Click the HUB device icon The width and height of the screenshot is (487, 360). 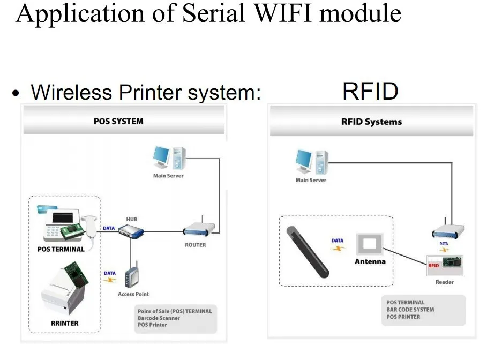131,231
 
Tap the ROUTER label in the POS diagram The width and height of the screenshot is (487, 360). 196,245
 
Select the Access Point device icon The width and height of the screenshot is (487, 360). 132,275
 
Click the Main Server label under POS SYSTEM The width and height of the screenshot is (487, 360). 168,176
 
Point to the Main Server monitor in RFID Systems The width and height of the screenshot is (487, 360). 303,160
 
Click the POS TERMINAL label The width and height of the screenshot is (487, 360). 61,250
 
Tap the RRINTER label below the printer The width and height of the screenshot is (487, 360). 65,324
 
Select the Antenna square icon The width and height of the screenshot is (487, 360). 369,244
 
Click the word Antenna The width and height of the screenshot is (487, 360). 370,261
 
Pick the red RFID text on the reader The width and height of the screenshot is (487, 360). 433,266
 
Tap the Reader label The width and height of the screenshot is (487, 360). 445,282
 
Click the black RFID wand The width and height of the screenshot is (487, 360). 308,252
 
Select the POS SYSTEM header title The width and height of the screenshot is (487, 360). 118,121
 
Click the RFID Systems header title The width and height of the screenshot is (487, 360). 371,122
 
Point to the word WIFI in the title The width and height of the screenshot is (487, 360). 283,13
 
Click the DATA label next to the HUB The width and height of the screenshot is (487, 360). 109,228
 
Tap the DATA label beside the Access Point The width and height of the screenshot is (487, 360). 110,273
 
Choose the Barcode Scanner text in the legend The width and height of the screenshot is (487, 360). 159,318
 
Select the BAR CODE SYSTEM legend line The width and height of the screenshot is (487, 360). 410,310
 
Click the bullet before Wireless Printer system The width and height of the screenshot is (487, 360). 16,93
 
